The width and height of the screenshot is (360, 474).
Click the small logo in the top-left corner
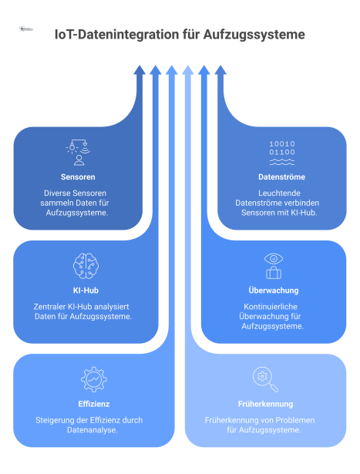[26, 29]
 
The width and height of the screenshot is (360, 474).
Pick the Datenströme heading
[281, 176]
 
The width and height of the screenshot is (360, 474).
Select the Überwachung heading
[274, 291]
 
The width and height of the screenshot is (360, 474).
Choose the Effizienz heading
[93, 403]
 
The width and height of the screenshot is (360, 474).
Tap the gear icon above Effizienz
[93, 379]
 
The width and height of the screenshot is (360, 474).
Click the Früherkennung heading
[266, 403]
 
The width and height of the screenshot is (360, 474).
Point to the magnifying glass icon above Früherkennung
[266, 378]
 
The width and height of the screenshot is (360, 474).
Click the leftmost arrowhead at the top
[140, 70]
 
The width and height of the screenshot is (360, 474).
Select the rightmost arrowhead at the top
[220, 70]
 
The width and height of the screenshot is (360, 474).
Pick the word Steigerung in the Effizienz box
[58, 419]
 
